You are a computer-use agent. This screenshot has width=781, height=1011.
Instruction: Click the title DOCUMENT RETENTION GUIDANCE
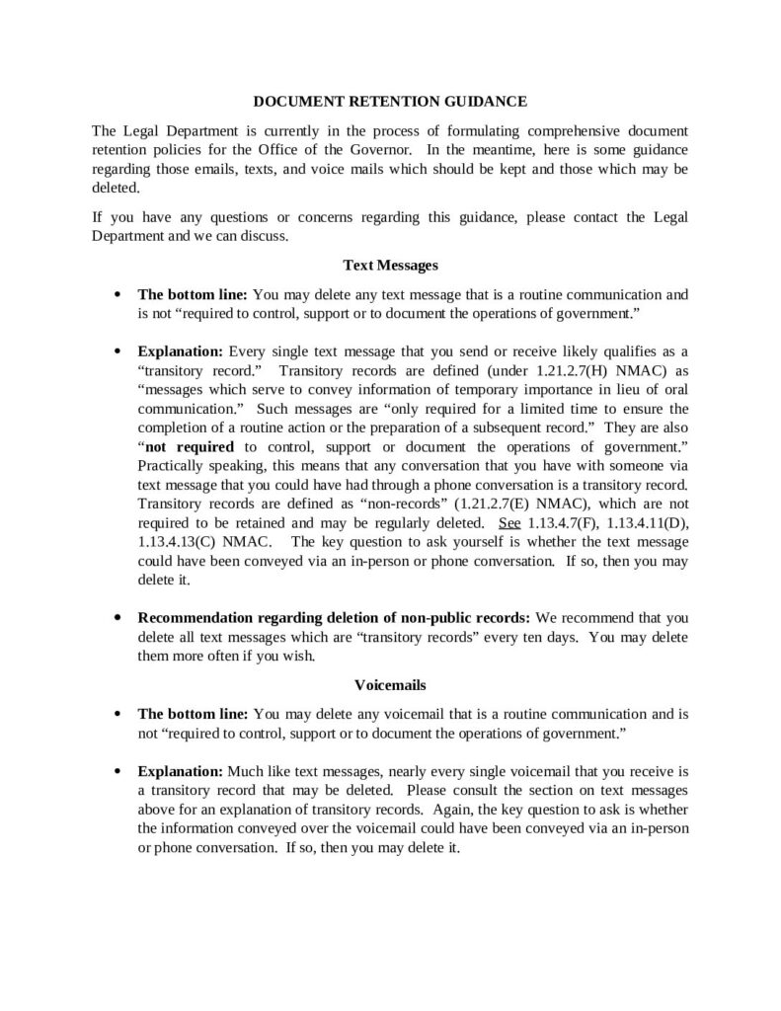390,102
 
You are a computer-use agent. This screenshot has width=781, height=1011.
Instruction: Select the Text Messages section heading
390,265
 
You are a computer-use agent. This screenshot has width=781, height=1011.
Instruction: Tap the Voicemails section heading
390,682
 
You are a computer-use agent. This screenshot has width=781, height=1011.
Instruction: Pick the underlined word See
512,522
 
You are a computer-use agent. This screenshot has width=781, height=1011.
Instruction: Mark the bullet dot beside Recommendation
118,618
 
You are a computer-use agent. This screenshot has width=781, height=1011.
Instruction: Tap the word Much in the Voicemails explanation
248,770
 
